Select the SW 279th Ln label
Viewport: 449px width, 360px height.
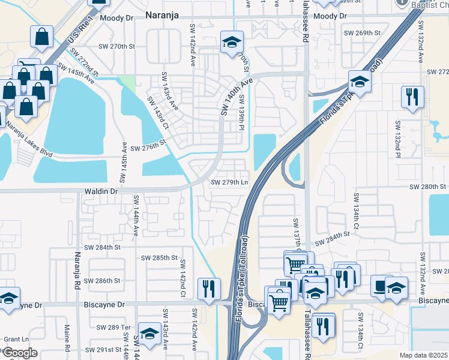coord(229,182)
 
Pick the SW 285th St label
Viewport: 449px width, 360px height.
coord(159,258)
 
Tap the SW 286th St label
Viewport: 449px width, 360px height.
coord(103,281)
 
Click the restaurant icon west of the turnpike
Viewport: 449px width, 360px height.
coord(208,287)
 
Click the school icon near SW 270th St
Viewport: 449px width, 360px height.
coord(232,41)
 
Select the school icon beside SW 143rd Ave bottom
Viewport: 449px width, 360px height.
coord(149,332)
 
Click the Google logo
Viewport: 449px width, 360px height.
coord(19,353)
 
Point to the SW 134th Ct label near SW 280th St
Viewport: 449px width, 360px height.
coord(357,209)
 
